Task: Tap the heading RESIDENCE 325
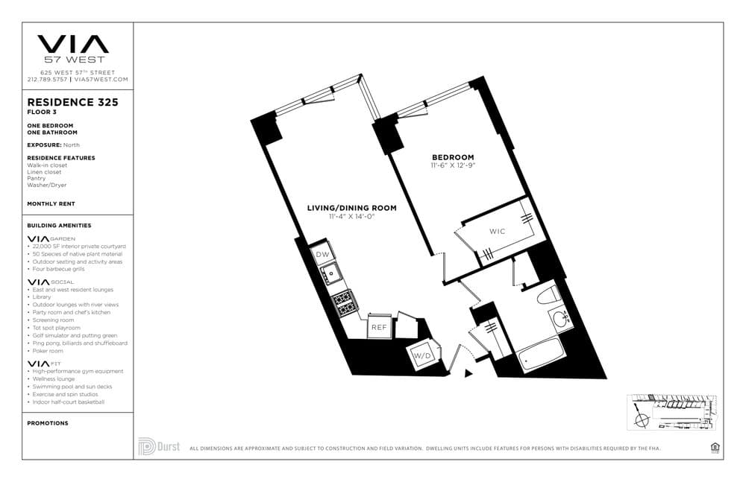pyautogui.click(x=72, y=102)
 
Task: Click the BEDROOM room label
pyautogui.click(x=453, y=156)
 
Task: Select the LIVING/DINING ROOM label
pyautogui.click(x=351, y=208)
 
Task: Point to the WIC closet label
pyautogui.click(x=498, y=231)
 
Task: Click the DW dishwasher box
pyautogui.click(x=323, y=255)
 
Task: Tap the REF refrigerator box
pyautogui.click(x=377, y=326)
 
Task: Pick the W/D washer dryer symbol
pyautogui.click(x=423, y=356)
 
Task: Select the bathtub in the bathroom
pyautogui.click(x=541, y=354)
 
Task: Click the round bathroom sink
pyautogui.click(x=561, y=321)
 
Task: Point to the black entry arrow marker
pyautogui.click(x=468, y=372)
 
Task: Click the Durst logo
pyautogui.click(x=157, y=446)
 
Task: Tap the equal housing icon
pyautogui.click(x=715, y=447)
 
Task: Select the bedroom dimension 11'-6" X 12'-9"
pyautogui.click(x=453, y=165)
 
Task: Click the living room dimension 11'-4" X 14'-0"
pyautogui.click(x=351, y=217)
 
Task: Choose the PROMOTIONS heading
pyautogui.click(x=48, y=423)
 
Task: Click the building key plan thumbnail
pyautogui.click(x=671, y=412)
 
